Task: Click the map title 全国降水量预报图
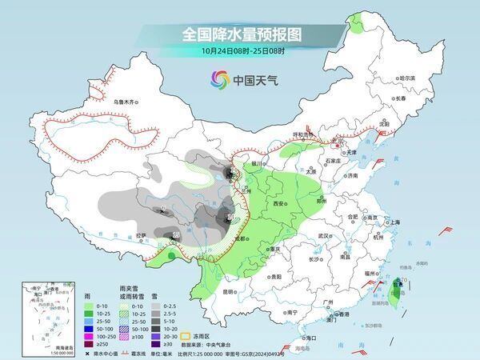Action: [240, 34]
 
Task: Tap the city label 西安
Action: [279, 205]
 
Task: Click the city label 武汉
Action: [323, 237]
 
